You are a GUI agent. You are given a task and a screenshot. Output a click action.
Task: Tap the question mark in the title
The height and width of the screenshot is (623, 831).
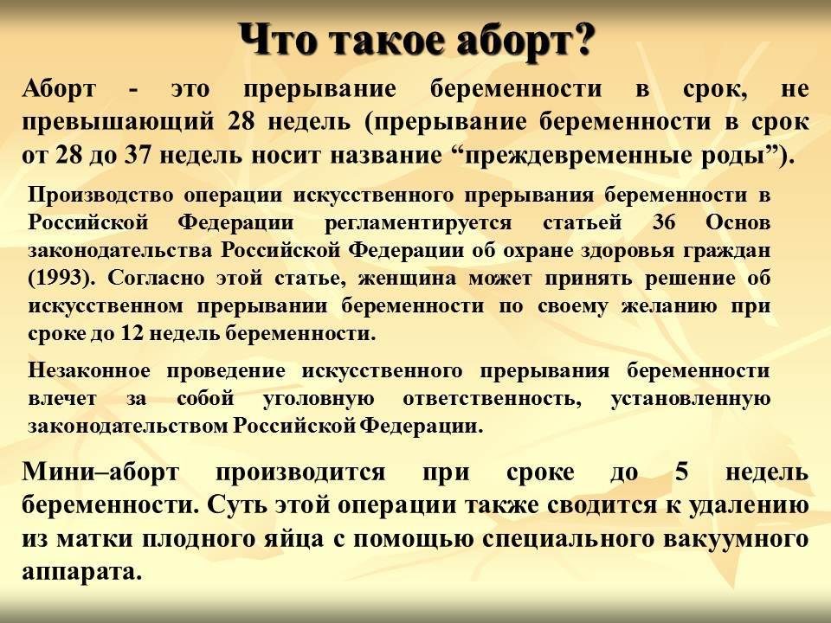click(581, 39)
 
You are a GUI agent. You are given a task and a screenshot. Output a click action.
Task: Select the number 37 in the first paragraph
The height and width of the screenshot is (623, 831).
click(138, 155)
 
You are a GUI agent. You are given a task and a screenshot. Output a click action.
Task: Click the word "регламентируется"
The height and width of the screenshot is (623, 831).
click(418, 223)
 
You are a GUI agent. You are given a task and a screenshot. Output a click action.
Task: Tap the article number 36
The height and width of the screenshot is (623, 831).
click(664, 222)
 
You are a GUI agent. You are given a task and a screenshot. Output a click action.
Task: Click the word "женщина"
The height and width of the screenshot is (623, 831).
click(407, 279)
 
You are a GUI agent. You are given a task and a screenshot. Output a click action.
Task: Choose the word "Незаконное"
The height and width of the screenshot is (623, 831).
click(89, 371)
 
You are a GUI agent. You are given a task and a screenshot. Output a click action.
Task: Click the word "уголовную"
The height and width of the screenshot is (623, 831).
click(319, 399)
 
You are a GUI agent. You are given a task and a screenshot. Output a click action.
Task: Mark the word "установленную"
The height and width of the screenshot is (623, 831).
click(691, 399)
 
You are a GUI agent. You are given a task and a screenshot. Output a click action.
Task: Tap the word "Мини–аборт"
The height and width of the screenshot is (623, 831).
click(100, 472)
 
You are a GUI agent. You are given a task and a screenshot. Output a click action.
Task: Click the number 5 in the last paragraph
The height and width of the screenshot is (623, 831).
click(681, 472)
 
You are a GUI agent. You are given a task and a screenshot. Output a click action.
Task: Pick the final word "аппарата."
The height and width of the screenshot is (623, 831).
click(83, 573)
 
